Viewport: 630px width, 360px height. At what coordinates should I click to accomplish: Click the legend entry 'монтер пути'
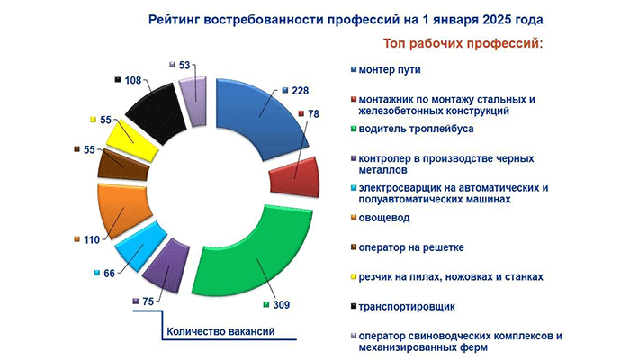click(389, 70)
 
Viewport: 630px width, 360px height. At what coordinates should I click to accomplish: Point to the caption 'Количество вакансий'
click(219, 332)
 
